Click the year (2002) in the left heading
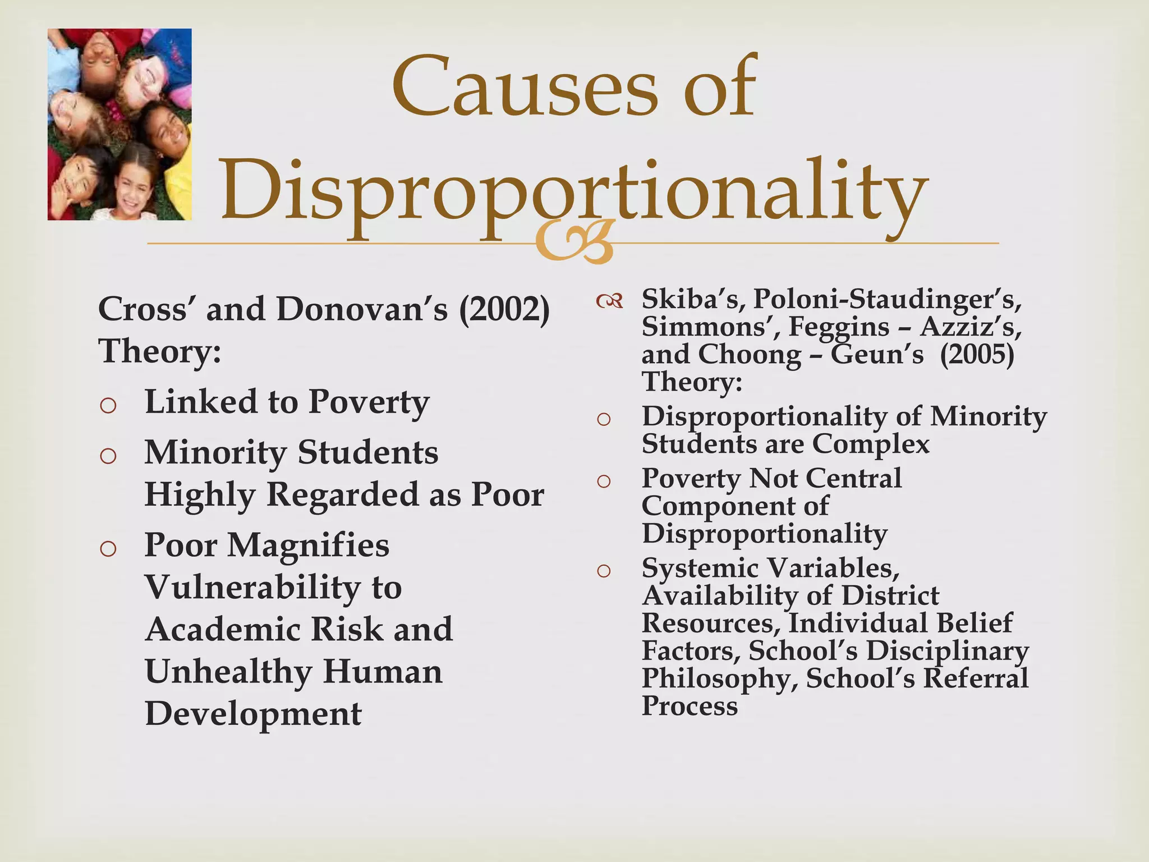(x=504, y=309)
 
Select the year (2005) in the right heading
(x=977, y=355)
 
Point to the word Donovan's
(x=362, y=309)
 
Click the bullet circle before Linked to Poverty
(x=108, y=405)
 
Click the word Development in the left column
(x=253, y=714)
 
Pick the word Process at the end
(x=690, y=706)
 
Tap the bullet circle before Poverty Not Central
(x=604, y=481)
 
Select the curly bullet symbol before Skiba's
(x=609, y=302)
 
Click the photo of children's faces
(x=120, y=124)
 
